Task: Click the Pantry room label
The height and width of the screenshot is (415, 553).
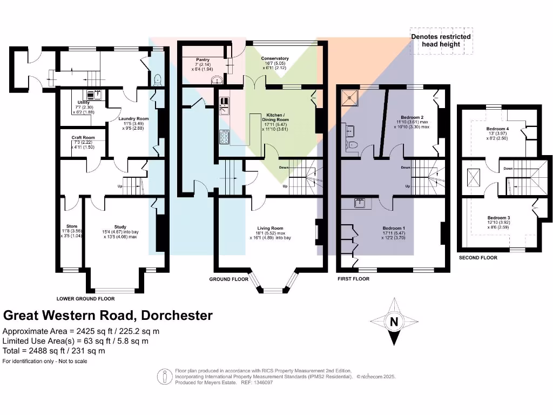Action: coord(203,60)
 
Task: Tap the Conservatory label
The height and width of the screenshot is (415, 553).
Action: coord(275,58)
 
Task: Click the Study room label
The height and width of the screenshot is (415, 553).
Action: coord(120,227)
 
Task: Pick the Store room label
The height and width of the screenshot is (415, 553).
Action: coord(72,226)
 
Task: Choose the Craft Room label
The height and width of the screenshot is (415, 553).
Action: coord(83,138)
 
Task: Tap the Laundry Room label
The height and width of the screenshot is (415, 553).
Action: coord(134,119)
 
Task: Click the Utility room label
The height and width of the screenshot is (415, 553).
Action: coord(83,102)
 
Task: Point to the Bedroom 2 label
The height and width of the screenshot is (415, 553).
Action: coord(412,117)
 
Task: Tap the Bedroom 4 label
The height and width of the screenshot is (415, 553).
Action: coord(497,129)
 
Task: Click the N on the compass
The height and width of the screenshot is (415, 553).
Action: coord(394,322)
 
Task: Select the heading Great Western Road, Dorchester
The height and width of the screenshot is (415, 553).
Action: coord(108,316)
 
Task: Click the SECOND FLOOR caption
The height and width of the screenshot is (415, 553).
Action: coord(478,258)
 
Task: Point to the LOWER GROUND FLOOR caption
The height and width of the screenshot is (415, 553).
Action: coord(85,298)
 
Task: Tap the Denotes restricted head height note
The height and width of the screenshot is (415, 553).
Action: coord(441,41)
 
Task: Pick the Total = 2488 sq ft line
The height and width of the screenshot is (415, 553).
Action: coord(54,351)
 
